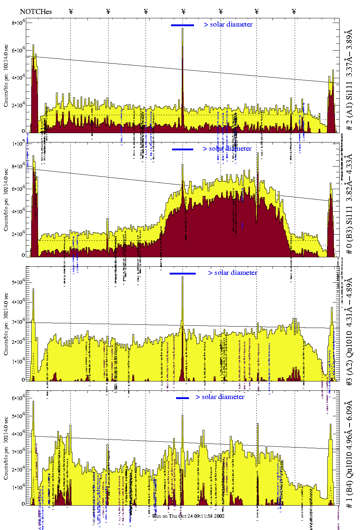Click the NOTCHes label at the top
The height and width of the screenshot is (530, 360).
(x=36, y=11)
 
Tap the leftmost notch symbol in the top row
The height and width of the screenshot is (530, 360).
(x=71, y=11)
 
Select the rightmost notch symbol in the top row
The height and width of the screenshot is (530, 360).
(x=294, y=11)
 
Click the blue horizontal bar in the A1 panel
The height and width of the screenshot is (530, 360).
(x=183, y=25)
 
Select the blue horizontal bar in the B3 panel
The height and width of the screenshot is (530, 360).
(x=183, y=149)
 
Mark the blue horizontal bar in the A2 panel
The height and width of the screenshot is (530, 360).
(x=183, y=273)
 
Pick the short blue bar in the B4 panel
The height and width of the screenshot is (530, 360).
(x=183, y=398)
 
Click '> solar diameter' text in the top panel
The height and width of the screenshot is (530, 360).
(x=228, y=24)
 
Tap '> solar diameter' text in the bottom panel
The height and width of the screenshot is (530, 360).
(x=220, y=397)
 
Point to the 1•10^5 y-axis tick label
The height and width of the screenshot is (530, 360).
(x=18, y=144)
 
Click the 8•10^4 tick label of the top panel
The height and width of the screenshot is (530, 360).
(x=18, y=23)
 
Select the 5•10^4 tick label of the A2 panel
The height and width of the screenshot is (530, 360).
(x=18, y=282)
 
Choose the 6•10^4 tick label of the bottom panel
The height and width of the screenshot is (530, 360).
(x=18, y=398)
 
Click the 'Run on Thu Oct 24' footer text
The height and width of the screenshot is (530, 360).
(x=189, y=516)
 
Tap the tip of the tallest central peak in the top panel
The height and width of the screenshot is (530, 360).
(x=183, y=29)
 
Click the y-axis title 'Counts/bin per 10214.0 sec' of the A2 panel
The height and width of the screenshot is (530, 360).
(x=6, y=324)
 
